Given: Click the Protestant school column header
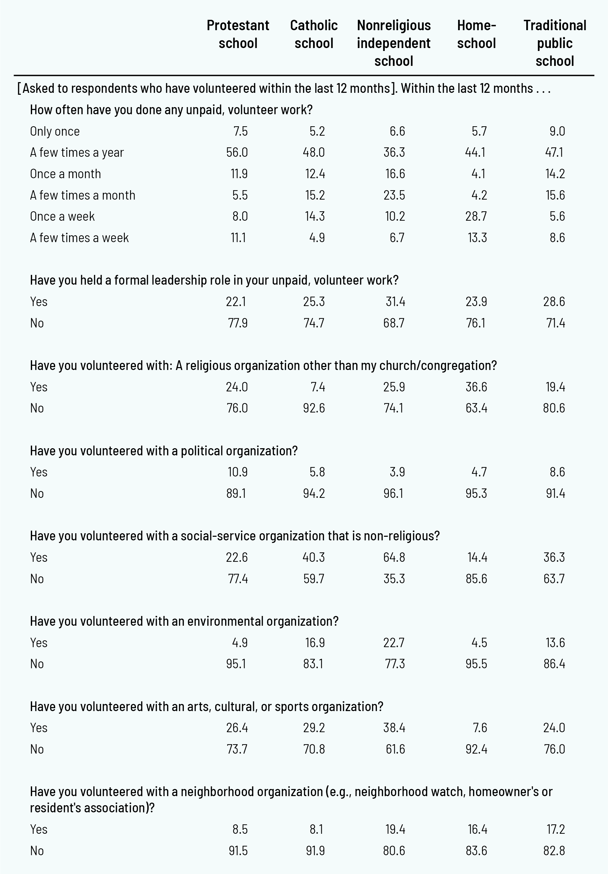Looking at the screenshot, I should pyautogui.click(x=238, y=34).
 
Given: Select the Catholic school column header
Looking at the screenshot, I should pyautogui.click(x=313, y=34).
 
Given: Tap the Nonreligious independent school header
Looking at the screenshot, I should pyautogui.click(x=394, y=43).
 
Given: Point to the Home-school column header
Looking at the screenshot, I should pyautogui.click(x=476, y=34).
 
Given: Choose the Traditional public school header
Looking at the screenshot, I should pyautogui.click(x=555, y=43).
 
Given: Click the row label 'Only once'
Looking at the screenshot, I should pyautogui.click(x=55, y=131).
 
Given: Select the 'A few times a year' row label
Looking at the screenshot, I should pyautogui.click(x=77, y=153).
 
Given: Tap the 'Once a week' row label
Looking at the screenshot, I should pyautogui.click(x=62, y=216).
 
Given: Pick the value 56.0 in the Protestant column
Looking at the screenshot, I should pyautogui.click(x=237, y=153).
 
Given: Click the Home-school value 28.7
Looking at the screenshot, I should pyautogui.click(x=476, y=216).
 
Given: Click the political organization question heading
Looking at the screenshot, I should pyautogui.click(x=164, y=451).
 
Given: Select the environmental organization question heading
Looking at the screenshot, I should pyautogui.click(x=184, y=622).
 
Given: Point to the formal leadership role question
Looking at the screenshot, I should pyautogui.click(x=214, y=280).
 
